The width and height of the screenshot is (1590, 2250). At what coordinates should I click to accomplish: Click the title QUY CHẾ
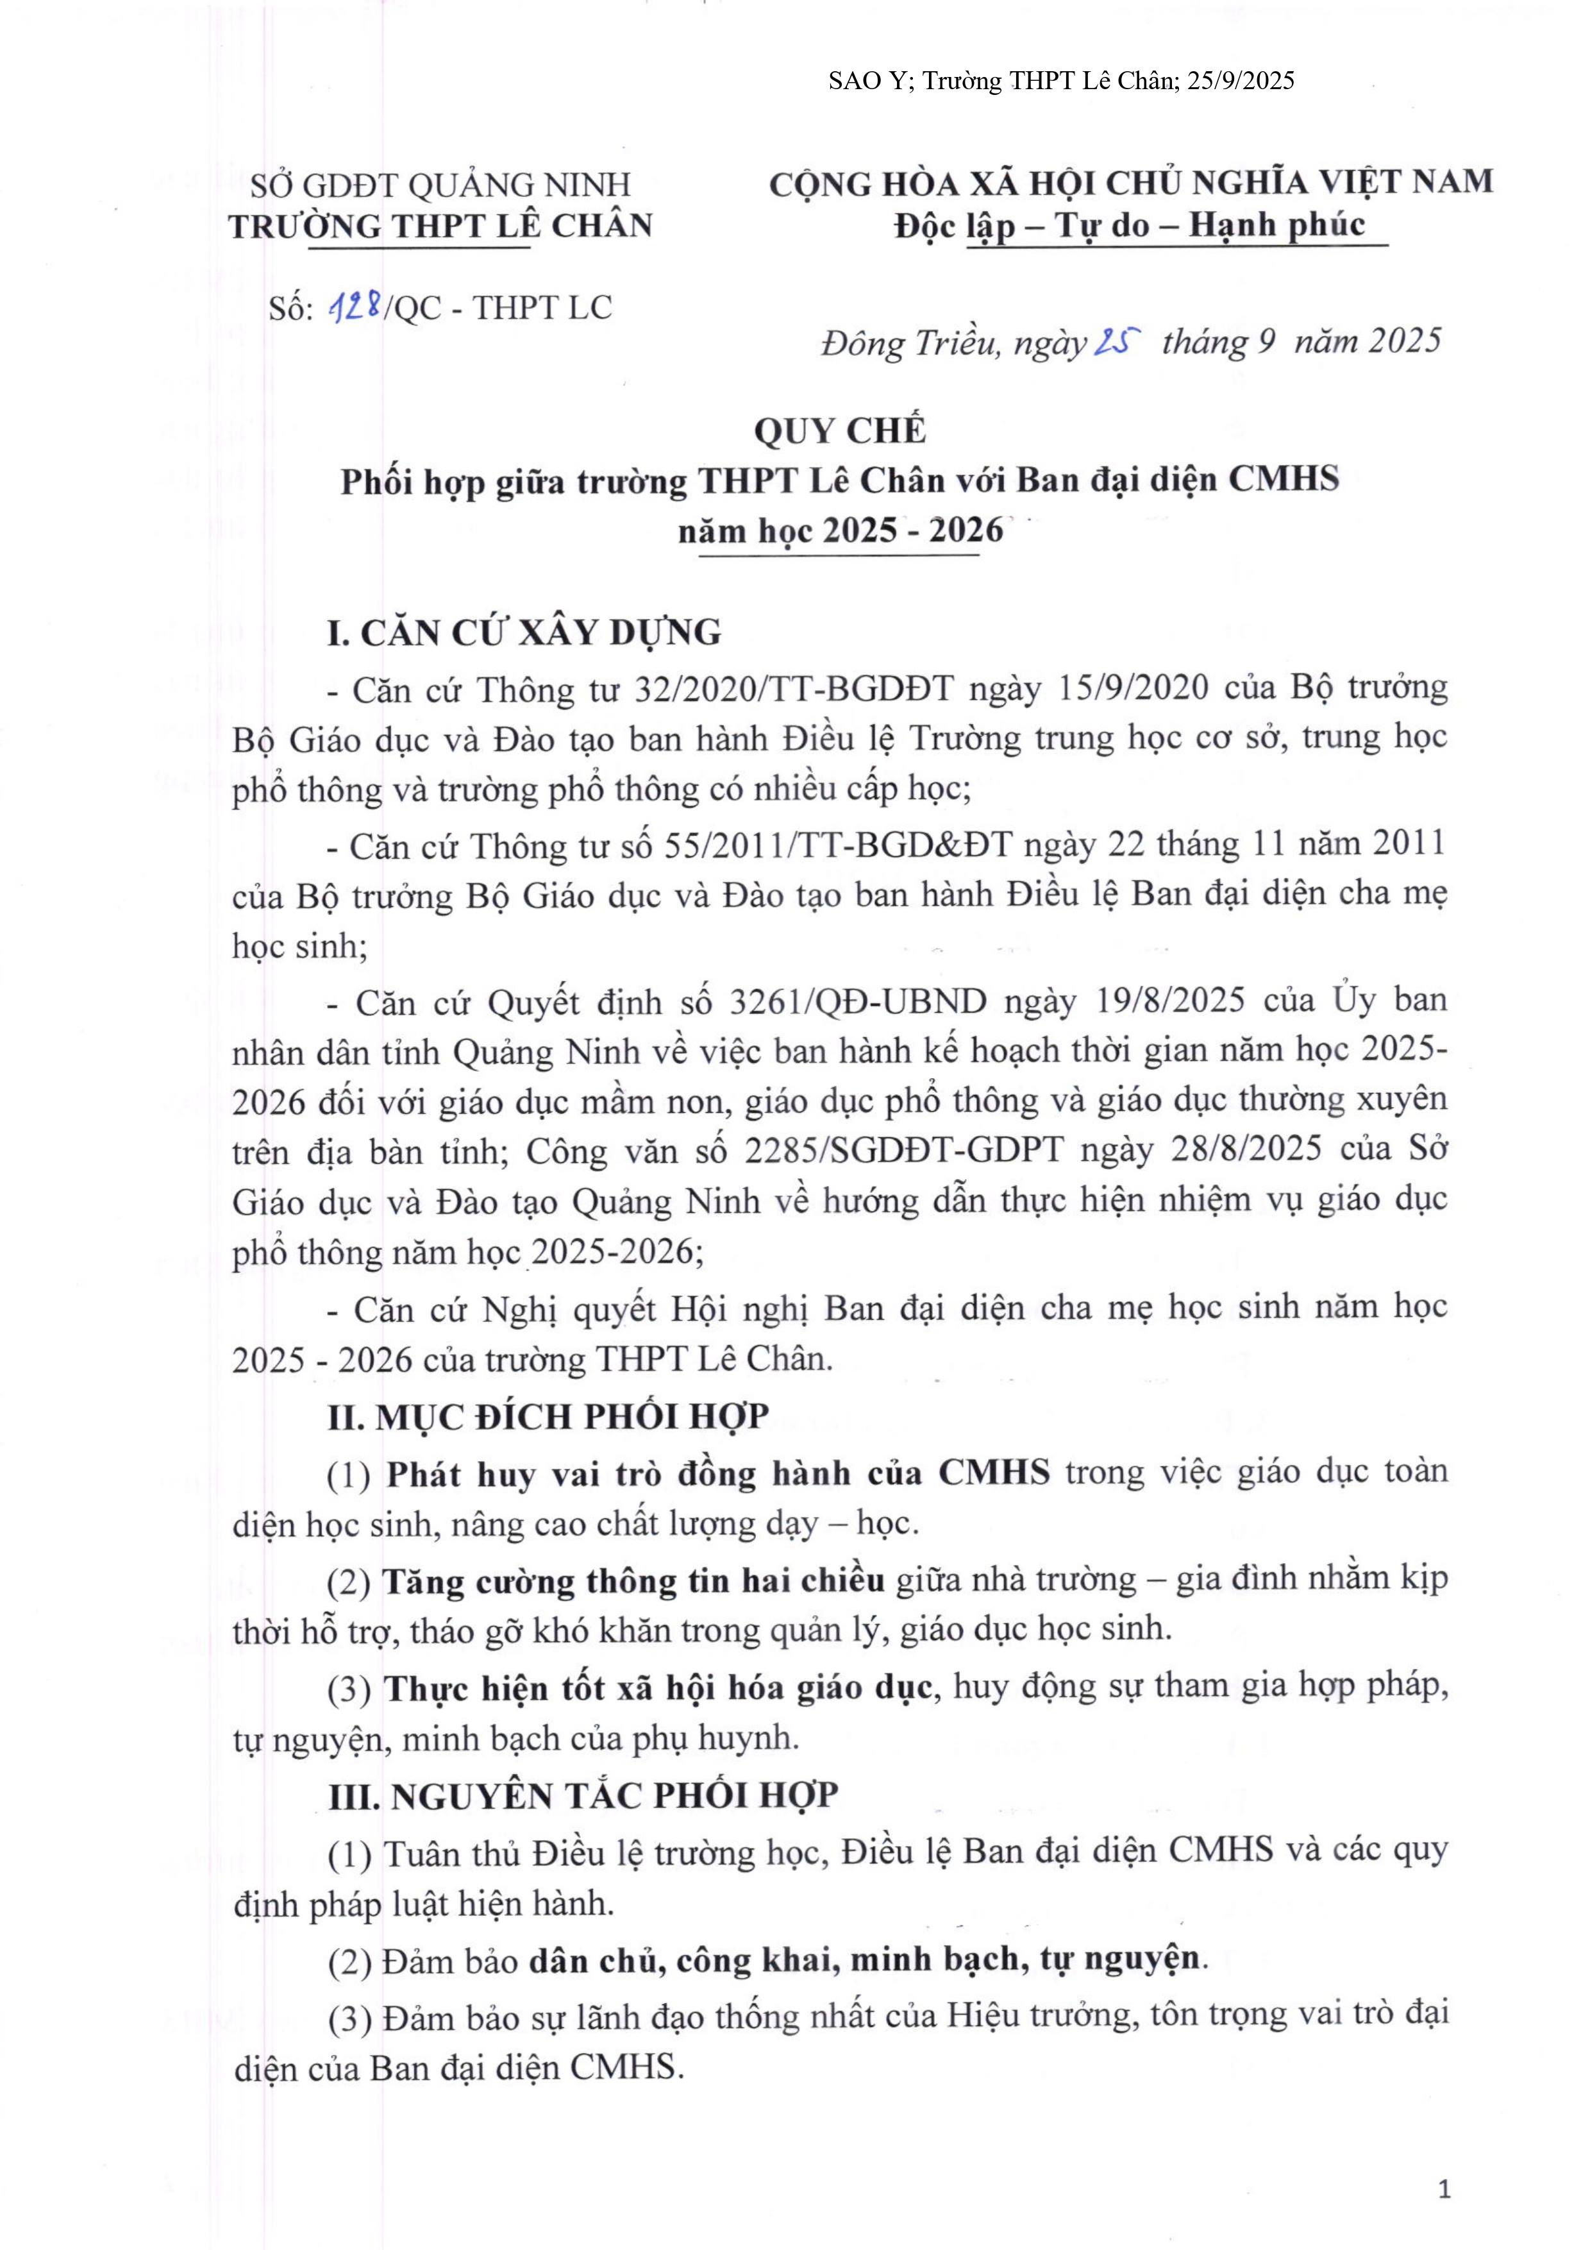(840, 431)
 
